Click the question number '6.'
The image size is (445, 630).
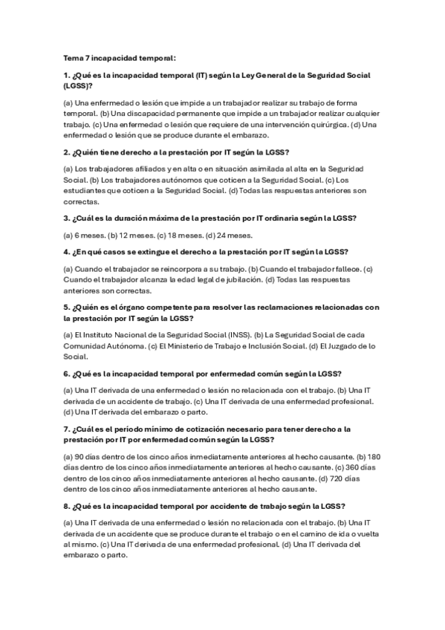point(67,373)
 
